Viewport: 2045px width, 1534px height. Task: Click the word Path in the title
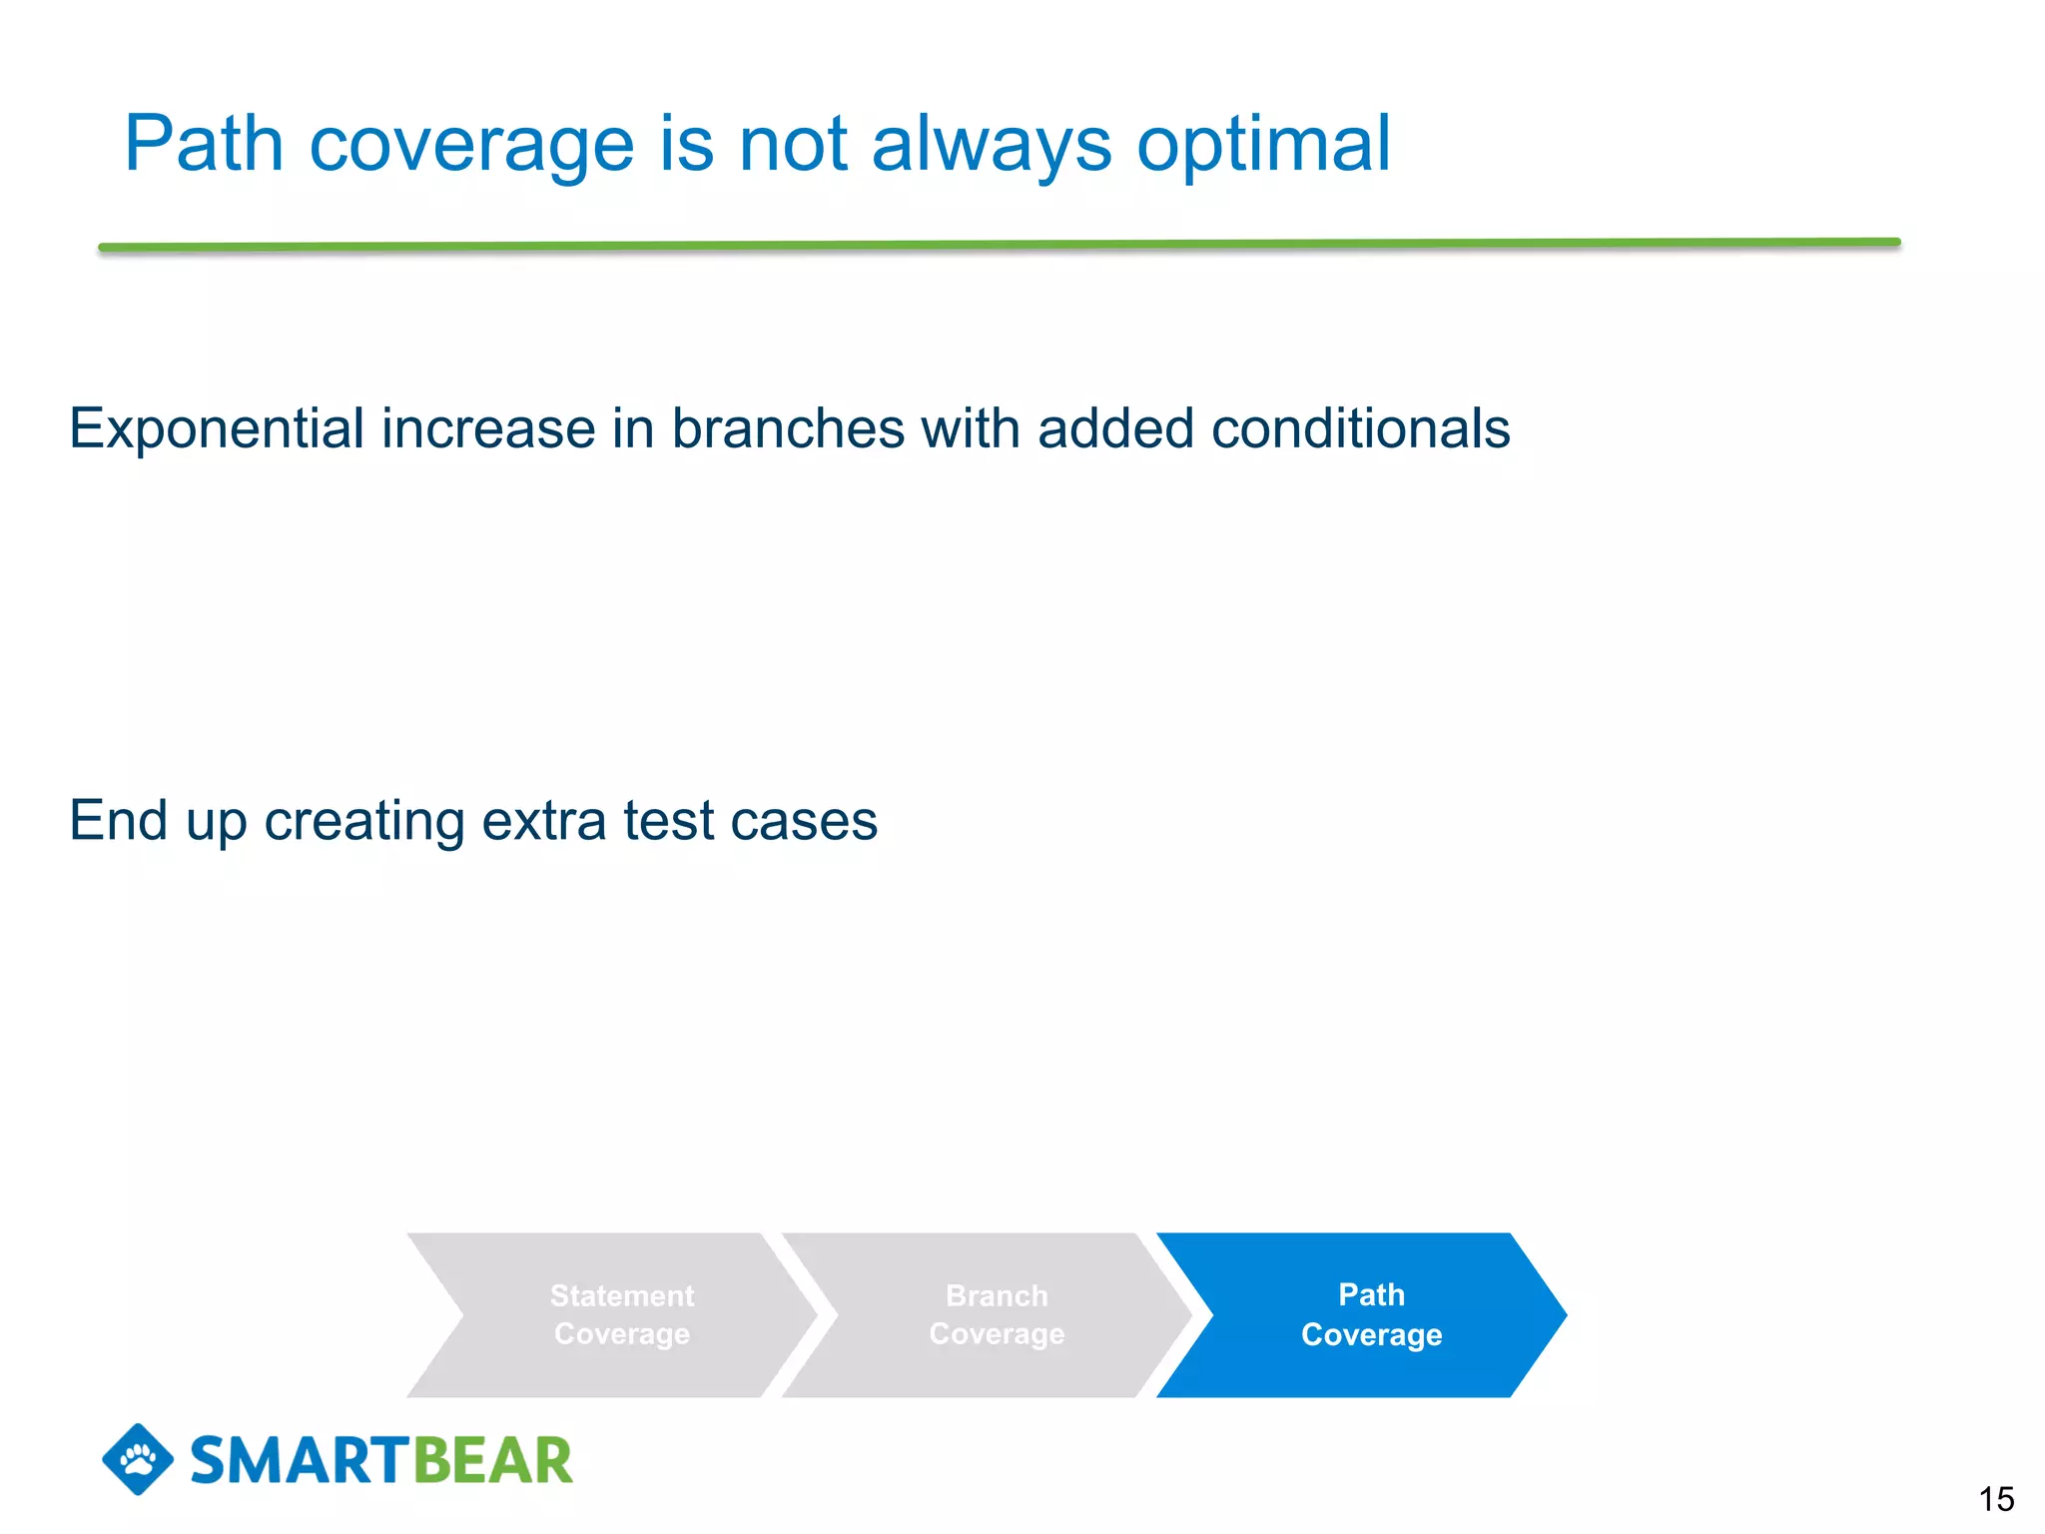tap(204, 145)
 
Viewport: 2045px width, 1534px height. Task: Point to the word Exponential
tap(216, 429)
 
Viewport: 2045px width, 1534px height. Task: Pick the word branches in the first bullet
tap(788, 429)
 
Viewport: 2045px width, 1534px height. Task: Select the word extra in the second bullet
tap(543, 821)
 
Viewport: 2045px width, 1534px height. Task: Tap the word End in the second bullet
tap(118, 821)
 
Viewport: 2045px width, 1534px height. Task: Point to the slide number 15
tap(1996, 1499)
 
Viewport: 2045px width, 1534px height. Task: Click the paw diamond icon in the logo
tap(138, 1459)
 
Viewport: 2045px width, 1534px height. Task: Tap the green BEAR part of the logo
tap(492, 1461)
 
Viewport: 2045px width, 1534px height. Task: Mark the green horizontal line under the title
tap(999, 244)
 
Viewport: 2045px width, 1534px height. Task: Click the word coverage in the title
tap(471, 145)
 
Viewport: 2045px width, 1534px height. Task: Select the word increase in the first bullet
tap(488, 429)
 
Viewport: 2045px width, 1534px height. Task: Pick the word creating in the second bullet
tap(363, 821)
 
